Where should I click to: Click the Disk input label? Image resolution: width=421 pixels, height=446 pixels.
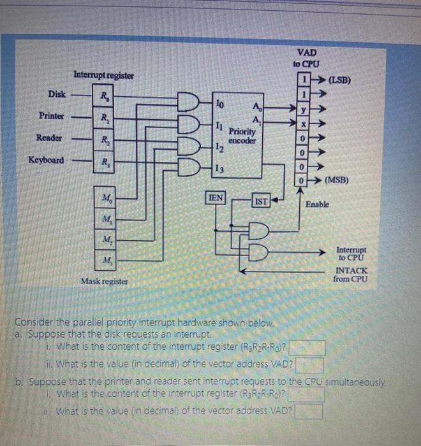(x=57, y=94)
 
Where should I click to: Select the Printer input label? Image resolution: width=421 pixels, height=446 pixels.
(x=52, y=116)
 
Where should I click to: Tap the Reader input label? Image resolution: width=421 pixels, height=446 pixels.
(x=50, y=138)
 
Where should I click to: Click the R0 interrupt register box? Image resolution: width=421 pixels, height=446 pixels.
(x=103, y=97)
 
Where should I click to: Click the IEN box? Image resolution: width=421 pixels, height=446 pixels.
(x=216, y=198)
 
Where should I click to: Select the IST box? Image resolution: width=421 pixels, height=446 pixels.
(x=261, y=202)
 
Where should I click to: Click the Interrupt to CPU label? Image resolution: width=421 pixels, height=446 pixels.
(x=351, y=254)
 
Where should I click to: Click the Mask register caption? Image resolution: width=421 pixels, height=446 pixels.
(x=104, y=280)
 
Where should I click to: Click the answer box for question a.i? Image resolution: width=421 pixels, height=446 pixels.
(x=309, y=349)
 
